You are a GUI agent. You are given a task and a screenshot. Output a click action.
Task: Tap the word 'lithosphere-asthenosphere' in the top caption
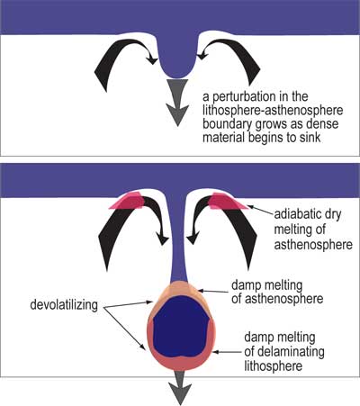[273, 111]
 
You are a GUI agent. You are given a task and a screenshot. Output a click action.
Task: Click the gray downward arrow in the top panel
[177, 103]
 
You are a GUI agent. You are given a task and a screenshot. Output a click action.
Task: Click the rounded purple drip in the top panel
[177, 60]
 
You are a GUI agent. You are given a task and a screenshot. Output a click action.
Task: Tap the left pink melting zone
[128, 201]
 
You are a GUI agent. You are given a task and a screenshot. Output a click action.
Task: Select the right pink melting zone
[228, 201]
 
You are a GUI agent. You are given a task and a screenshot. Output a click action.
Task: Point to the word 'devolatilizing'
[64, 305]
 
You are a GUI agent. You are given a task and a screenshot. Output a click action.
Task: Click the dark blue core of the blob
[182, 327]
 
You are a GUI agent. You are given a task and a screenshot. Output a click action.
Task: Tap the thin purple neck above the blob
[178, 240]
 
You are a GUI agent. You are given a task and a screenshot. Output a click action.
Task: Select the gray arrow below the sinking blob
[179, 387]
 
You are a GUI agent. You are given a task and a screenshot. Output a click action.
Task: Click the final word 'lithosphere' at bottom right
[273, 366]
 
